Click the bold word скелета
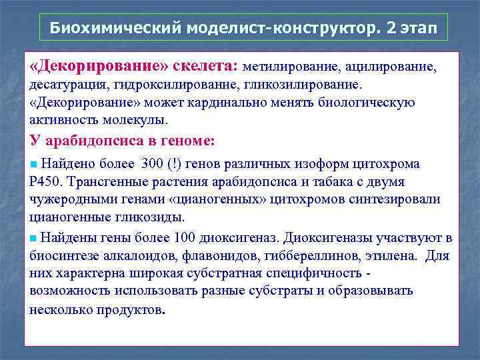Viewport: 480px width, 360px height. click(x=203, y=67)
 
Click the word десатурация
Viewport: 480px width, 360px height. click(x=69, y=85)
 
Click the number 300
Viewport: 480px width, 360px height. click(x=152, y=164)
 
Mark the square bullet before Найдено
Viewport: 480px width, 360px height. click(x=34, y=164)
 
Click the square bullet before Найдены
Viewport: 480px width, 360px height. click(x=34, y=238)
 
